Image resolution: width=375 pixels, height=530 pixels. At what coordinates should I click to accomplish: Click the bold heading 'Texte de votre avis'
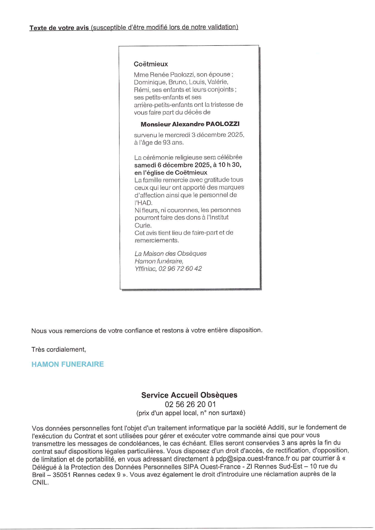pyautogui.click(x=59, y=28)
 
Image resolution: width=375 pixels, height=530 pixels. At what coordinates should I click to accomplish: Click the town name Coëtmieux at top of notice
pyautogui.click(x=151, y=64)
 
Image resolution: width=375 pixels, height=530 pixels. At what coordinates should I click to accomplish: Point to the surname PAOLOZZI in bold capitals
pyautogui.click(x=222, y=124)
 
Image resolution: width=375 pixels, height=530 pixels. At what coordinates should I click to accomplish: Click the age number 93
pyautogui.click(x=166, y=142)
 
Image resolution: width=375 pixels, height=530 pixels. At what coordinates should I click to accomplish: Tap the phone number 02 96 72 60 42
pyautogui.click(x=180, y=269)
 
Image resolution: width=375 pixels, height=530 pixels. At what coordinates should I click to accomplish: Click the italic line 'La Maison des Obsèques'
pyautogui.click(x=170, y=254)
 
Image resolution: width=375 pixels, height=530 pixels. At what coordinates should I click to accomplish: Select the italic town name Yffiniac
pyautogui.click(x=145, y=269)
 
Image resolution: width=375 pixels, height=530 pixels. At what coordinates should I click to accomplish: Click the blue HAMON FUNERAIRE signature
pyautogui.click(x=68, y=364)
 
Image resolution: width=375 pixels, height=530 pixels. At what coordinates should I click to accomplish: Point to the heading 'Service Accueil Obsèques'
pyautogui.click(x=189, y=395)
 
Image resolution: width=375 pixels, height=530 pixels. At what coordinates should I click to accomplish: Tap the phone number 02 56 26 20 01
pyautogui.click(x=190, y=404)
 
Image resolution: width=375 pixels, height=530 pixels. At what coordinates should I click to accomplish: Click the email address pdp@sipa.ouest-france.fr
pyautogui.click(x=252, y=459)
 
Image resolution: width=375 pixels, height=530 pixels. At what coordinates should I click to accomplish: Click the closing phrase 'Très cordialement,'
pyautogui.click(x=59, y=349)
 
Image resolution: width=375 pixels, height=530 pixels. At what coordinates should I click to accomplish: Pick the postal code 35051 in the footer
pyautogui.click(x=62, y=474)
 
